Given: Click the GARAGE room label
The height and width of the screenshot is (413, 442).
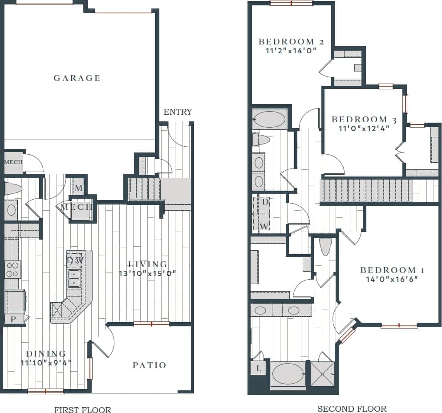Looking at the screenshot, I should [77, 78].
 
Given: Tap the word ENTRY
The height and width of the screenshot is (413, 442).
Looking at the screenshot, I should [178, 112].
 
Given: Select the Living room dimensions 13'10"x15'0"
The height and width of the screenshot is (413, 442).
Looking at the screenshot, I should [147, 273].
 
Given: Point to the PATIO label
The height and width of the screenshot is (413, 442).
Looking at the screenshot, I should [150, 365].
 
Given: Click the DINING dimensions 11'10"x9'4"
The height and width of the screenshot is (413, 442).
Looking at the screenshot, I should [46, 362].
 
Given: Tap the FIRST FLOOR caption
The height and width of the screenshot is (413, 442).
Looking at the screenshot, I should [83, 410].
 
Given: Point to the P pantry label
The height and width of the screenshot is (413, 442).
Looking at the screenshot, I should [13, 319].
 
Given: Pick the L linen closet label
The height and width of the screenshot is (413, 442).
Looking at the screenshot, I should [259, 369].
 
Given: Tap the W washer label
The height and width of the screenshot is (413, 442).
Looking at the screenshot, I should [264, 226].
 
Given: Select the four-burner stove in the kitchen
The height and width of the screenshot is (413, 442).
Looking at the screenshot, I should [12, 269].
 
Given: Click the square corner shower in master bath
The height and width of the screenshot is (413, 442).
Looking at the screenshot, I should [322, 373].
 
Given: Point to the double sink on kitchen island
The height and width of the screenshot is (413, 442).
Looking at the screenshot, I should [73, 278].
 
